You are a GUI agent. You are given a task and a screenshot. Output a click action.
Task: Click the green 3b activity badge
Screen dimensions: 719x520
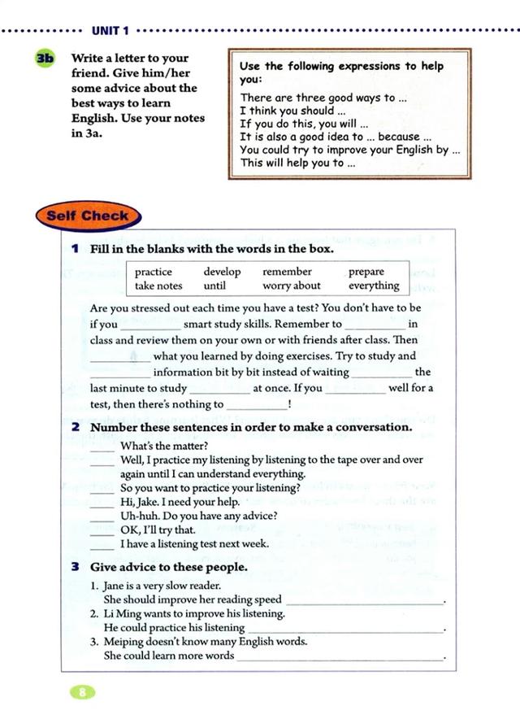point(45,59)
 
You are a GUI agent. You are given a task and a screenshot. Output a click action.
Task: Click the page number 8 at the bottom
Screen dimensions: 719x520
point(82,693)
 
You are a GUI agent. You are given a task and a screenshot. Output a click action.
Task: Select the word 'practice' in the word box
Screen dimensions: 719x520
point(153,272)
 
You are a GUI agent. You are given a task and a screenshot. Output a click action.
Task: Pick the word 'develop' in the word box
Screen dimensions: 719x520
point(222,272)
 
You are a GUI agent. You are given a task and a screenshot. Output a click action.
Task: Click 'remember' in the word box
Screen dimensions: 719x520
point(287,272)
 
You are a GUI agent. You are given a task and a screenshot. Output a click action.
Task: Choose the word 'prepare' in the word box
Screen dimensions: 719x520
point(366,272)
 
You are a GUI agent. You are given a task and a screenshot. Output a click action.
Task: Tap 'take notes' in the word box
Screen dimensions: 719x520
point(158,286)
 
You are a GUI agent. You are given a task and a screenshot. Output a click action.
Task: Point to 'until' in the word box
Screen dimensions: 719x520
point(214,286)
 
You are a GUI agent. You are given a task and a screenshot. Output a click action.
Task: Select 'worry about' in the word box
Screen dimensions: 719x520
point(292,286)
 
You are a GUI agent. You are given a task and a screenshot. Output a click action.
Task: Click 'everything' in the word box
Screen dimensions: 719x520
point(374,286)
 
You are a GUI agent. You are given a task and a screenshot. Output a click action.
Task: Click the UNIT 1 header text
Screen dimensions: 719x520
point(110,31)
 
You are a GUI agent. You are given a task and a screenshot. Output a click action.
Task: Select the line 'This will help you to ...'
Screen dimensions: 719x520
point(297,163)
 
